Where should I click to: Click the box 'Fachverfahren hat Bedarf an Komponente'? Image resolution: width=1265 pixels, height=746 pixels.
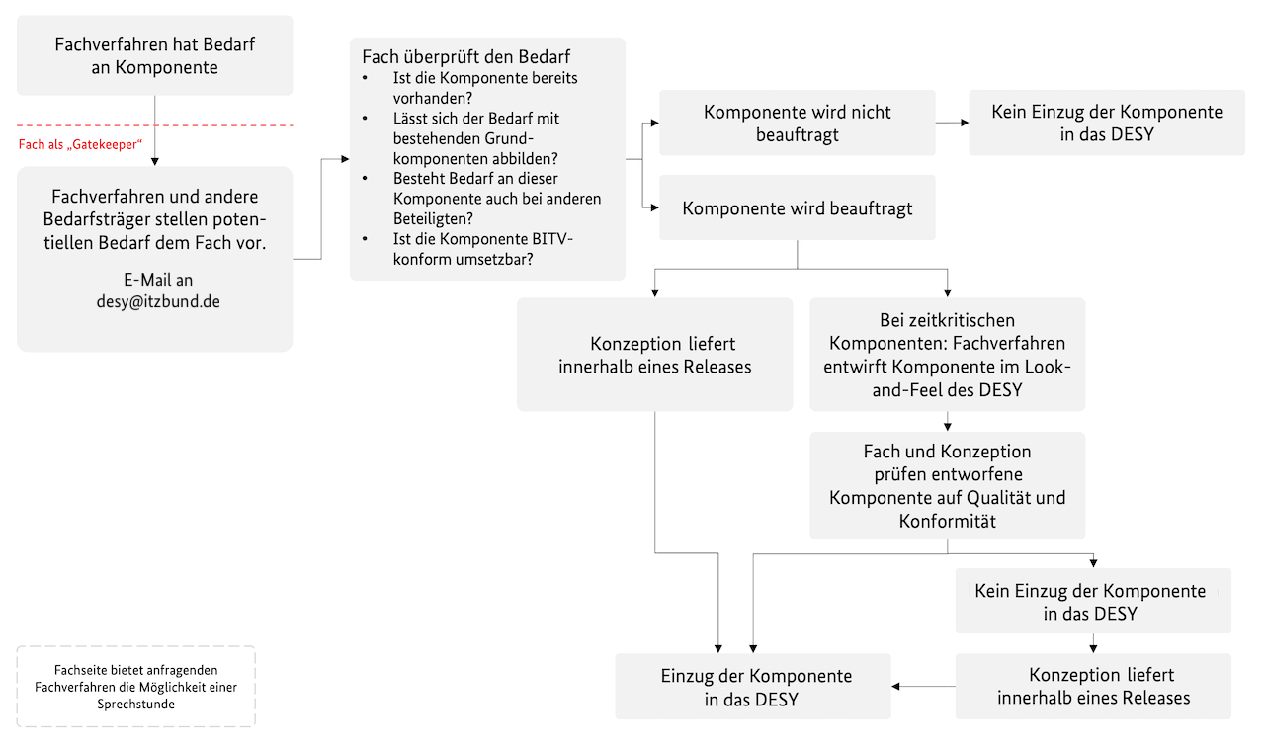click(x=155, y=56)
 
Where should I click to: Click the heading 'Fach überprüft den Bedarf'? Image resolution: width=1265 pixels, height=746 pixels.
click(x=466, y=56)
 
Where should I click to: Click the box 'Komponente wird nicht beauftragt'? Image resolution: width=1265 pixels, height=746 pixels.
click(x=797, y=124)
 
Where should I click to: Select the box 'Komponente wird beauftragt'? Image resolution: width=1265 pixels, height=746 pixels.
click(x=797, y=208)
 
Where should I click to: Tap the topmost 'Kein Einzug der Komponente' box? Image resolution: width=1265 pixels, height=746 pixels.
click(x=1106, y=124)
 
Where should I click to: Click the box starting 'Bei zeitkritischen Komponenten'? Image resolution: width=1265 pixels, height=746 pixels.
click(x=947, y=355)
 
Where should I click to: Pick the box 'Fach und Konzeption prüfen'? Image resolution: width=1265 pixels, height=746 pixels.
click(x=947, y=485)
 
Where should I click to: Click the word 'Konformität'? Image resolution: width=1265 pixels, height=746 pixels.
click(x=947, y=521)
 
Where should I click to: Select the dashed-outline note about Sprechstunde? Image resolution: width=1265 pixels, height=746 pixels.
click(x=136, y=687)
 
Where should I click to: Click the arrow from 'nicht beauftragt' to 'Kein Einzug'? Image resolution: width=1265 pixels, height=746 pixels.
click(x=952, y=124)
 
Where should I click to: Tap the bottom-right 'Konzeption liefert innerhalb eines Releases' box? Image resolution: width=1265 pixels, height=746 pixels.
click(x=1093, y=687)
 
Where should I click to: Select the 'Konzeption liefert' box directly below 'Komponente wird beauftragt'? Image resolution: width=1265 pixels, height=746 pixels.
click(x=654, y=356)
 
